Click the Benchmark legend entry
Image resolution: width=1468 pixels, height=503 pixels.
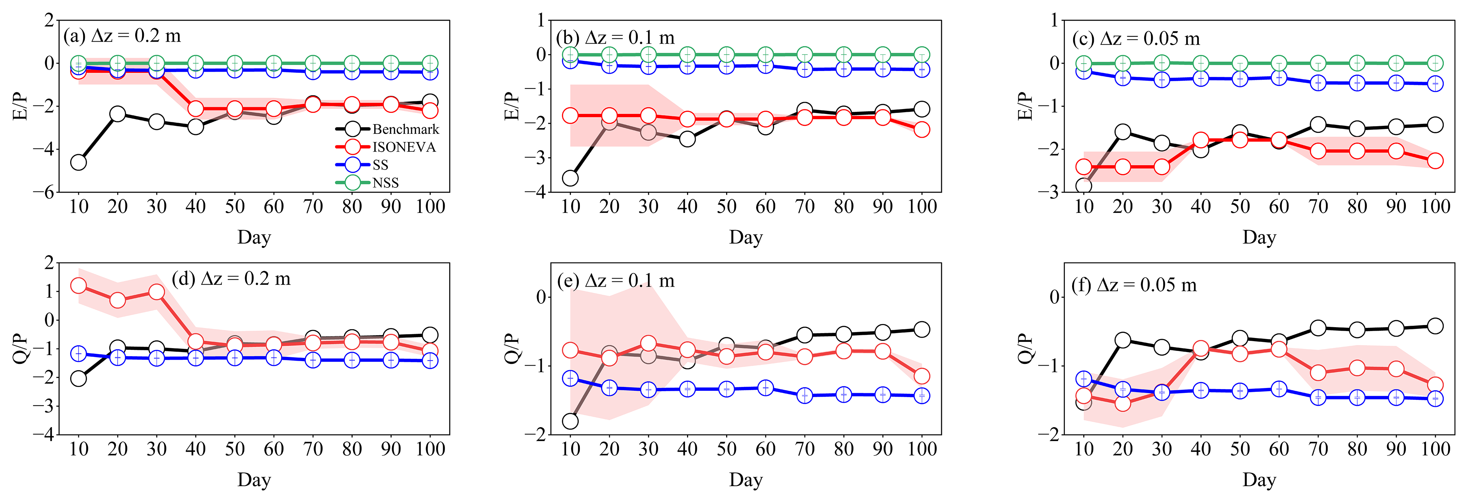click(x=405, y=129)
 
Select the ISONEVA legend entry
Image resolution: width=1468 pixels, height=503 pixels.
click(x=404, y=147)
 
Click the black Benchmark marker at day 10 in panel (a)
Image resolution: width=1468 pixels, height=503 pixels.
click(x=79, y=163)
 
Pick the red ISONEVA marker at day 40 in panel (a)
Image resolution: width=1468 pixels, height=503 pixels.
click(x=196, y=108)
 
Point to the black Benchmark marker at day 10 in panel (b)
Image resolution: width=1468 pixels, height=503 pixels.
click(x=570, y=179)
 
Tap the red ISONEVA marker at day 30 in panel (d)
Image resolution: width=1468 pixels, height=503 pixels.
click(x=157, y=292)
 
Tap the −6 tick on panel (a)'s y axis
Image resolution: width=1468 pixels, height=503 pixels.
click(x=43, y=193)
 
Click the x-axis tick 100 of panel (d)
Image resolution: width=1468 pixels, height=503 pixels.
click(x=430, y=449)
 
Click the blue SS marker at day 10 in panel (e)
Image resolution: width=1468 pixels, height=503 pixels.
click(x=570, y=378)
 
